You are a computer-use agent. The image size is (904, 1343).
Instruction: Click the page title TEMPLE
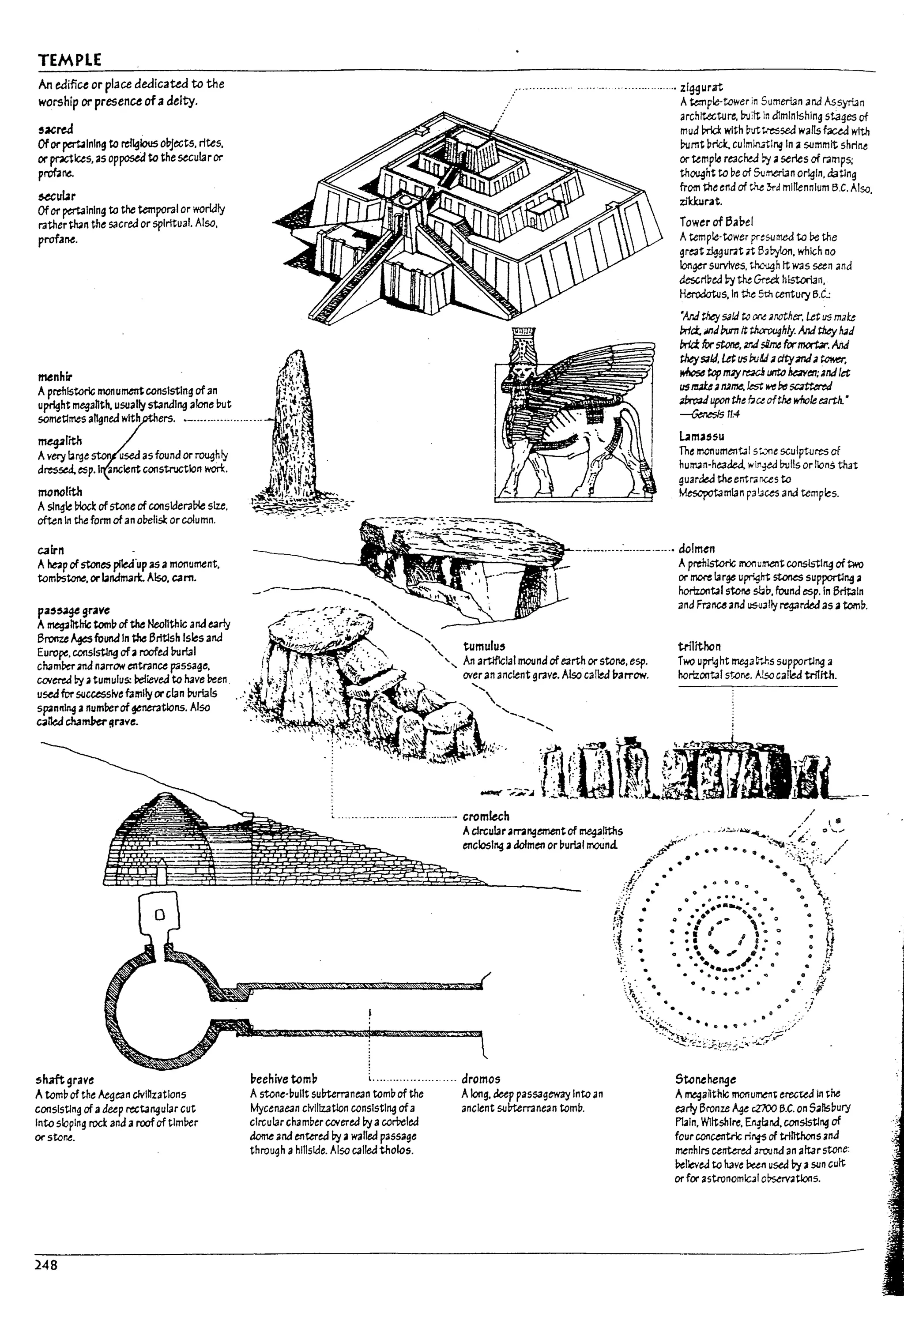point(70,60)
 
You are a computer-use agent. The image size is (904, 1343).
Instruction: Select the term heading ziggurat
point(701,88)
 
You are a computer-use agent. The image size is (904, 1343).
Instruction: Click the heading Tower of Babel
point(716,222)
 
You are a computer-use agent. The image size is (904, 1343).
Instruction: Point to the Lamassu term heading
point(701,436)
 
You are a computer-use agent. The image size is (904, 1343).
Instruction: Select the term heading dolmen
point(697,549)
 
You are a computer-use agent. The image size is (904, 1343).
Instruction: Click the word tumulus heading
point(484,646)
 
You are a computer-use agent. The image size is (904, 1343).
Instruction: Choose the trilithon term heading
point(699,646)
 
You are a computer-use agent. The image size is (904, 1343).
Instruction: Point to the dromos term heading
point(480,1079)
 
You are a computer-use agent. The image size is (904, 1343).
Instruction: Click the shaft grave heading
point(64,1080)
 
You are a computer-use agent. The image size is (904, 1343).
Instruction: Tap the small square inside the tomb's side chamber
point(160,914)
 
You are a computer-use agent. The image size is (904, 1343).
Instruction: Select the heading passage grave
point(73,610)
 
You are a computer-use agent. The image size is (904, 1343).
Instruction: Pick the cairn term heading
point(51,550)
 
